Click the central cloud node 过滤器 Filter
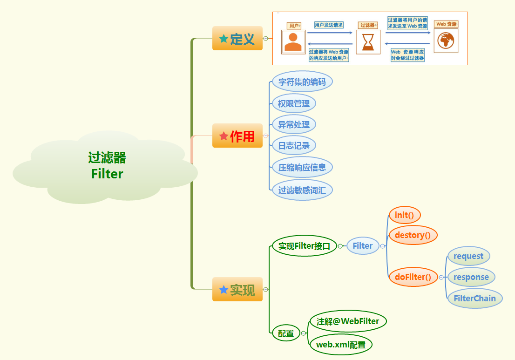pyautogui.click(x=107, y=166)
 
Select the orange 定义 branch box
pyautogui.click(x=237, y=39)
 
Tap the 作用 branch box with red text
pyautogui.click(x=237, y=136)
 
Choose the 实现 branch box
pyautogui.click(x=237, y=290)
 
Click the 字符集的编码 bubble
pyautogui.click(x=302, y=82)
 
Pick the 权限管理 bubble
pyautogui.click(x=293, y=103)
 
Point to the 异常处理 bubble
pyautogui.click(x=293, y=124)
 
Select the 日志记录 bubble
pyautogui.click(x=293, y=145)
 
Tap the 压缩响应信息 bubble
pyautogui.click(x=302, y=167)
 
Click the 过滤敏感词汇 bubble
pyautogui.click(x=302, y=190)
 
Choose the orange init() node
pyautogui.click(x=404, y=215)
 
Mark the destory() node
pyautogui.click(x=413, y=235)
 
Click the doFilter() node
pyautogui.click(x=413, y=277)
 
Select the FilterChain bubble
pyautogui.click(x=474, y=299)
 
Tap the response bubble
pyautogui.click(x=471, y=277)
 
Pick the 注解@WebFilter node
pyautogui.click(x=348, y=321)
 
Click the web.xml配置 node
pyautogui.click(x=340, y=345)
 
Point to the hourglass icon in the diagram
pyautogui.click(x=368, y=41)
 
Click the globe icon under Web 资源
pyautogui.click(x=446, y=41)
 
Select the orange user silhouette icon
pyautogui.click(x=293, y=42)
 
